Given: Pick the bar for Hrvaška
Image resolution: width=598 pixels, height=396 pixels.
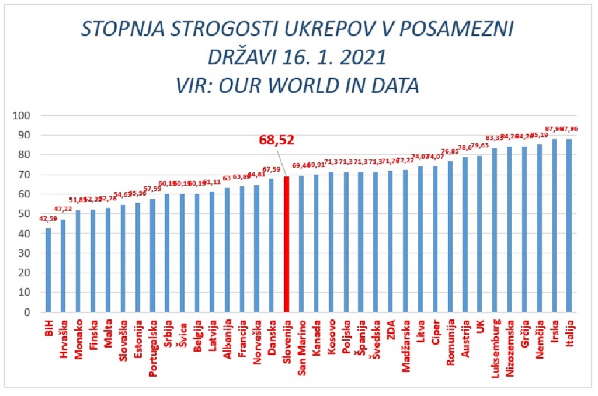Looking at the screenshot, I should coord(63,265).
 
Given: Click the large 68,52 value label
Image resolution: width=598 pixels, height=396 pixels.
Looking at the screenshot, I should coord(277,140).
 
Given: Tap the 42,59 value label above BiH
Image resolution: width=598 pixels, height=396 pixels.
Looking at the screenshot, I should coord(48,219).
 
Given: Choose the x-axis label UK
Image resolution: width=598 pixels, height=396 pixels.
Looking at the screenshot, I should coord(480,326).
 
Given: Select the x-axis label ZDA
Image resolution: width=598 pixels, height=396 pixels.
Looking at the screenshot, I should coord(391,329).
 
